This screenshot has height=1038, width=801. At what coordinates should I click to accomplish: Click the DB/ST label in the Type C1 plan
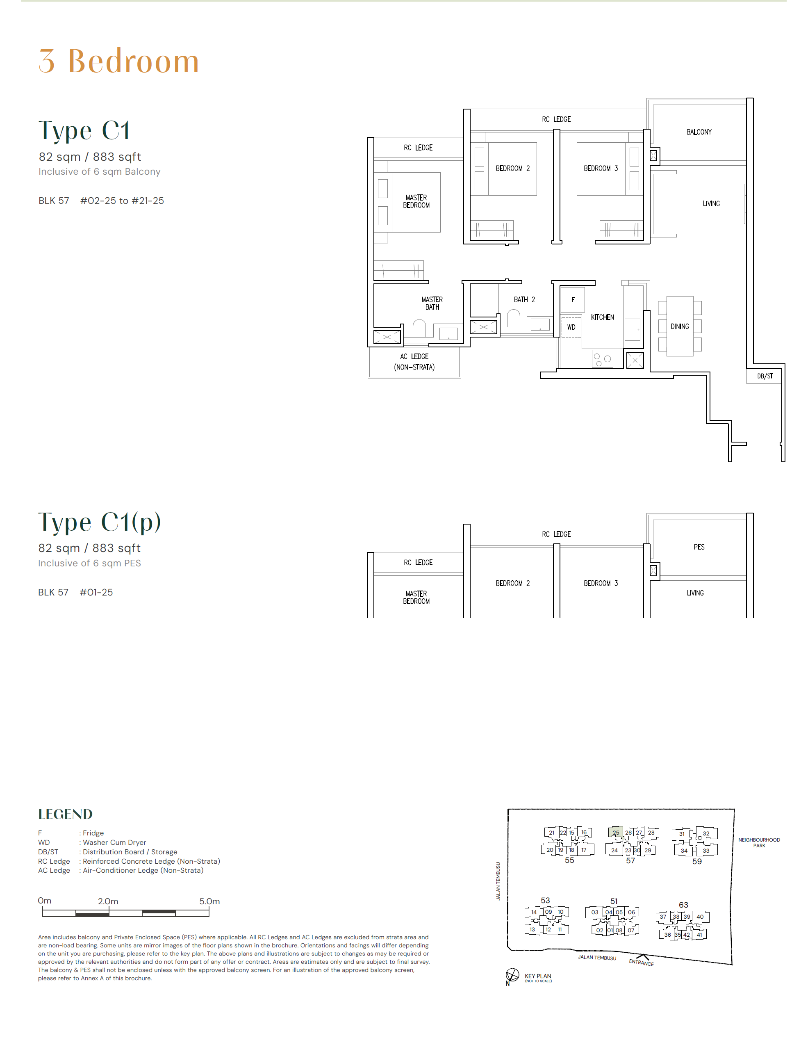[765, 376]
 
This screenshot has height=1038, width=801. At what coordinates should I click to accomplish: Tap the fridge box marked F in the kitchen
[573, 299]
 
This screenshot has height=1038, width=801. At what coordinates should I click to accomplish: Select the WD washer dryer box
[571, 327]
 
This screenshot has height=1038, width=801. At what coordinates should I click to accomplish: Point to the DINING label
[679, 326]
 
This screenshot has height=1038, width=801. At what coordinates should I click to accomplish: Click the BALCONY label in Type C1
[699, 132]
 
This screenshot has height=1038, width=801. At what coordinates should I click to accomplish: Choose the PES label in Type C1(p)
[699, 547]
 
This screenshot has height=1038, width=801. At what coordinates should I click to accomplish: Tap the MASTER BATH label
[432, 303]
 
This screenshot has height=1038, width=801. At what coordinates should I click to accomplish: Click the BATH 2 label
[524, 299]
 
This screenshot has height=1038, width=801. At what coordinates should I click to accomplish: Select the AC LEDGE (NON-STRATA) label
[414, 362]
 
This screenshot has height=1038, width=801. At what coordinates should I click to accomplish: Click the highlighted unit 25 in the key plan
[616, 833]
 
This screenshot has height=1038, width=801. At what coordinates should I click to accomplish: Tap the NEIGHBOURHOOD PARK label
[759, 843]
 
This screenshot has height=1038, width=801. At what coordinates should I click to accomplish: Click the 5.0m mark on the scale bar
[209, 901]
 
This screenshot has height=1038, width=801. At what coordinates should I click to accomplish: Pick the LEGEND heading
[65, 814]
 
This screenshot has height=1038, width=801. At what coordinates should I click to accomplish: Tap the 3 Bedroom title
[119, 61]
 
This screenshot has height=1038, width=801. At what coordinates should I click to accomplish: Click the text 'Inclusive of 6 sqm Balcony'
[99, 171]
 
